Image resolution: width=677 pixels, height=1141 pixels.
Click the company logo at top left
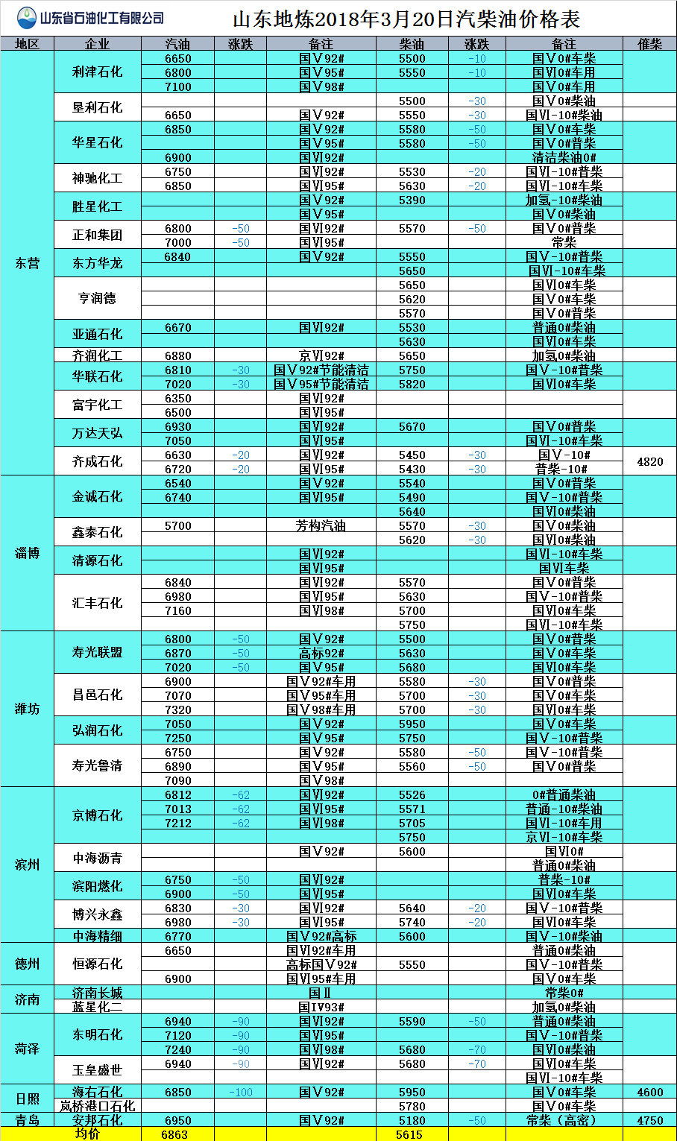27,17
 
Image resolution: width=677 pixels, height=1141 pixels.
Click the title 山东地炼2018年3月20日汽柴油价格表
406,19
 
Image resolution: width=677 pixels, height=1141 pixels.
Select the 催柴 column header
649,44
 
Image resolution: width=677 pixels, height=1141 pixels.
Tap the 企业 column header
98,44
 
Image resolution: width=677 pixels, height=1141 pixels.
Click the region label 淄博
28,553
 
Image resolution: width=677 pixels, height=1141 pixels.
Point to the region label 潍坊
28,709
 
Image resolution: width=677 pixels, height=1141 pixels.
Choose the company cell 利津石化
98,72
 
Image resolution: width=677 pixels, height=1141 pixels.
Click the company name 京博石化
98,815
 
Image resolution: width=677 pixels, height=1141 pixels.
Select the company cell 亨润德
98,299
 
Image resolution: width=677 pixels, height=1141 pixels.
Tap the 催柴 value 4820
649,462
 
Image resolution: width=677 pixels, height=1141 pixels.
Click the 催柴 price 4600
649,1092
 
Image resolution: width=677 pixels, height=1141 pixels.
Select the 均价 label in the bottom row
88,1134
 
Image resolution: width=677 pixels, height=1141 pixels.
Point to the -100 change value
240,1092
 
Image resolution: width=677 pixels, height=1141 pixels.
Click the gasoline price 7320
177,709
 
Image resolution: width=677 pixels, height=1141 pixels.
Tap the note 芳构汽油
321,525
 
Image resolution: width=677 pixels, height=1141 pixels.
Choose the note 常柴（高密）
564,1120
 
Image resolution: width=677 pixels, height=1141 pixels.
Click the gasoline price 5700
177,525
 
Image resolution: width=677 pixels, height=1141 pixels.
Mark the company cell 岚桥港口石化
98,1106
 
